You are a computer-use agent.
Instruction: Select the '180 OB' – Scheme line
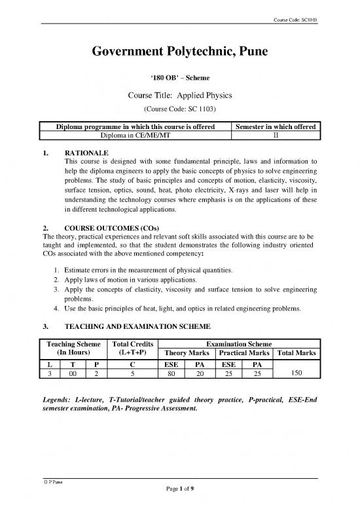(x=180, y=78)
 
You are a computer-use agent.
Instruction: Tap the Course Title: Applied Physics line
(x=180, y=95)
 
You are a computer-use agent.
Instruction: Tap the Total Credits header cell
(x=134, y=349)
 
